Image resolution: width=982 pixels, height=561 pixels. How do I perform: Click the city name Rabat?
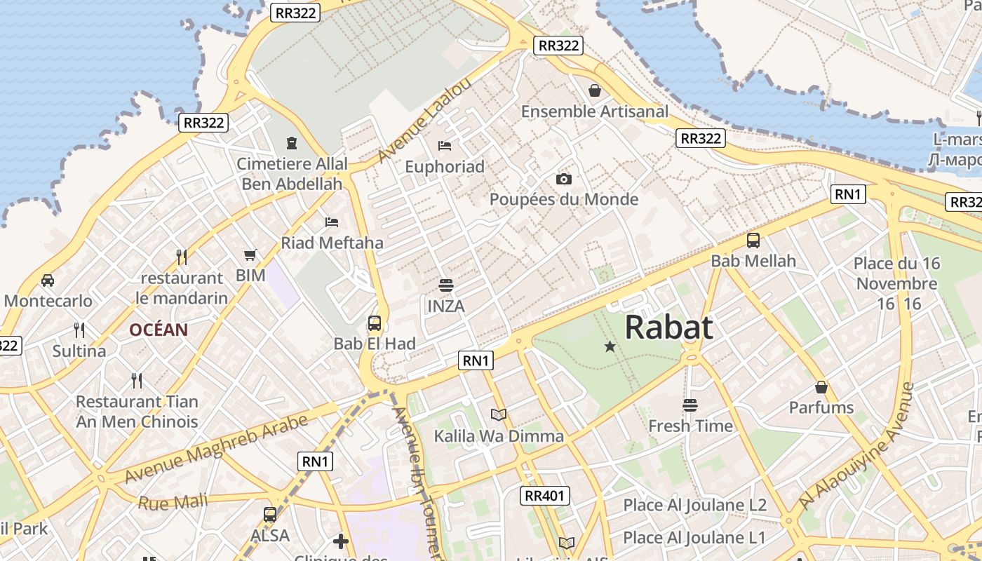click(668, 327)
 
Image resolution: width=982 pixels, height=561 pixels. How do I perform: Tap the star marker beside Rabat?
click(610, 346)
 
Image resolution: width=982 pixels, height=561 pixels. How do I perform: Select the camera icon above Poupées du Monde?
click(564, 180)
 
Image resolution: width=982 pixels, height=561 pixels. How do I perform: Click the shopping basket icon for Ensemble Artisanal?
click(595, 90)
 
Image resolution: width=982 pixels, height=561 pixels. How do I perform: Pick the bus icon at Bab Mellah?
click(753, 241)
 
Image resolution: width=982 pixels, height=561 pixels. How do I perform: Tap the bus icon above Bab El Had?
click(375, 323)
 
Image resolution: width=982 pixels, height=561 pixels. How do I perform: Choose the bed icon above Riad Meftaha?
click(332, 222)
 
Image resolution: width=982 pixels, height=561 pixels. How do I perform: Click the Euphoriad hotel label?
click(445, 166)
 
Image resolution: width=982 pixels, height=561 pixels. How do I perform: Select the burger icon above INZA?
click(445, 285)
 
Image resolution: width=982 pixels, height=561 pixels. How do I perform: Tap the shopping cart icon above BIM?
click(250, 255)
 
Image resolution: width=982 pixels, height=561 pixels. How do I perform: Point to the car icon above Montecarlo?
click(48, 280)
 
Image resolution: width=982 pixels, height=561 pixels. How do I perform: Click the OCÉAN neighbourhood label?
click(159, 330)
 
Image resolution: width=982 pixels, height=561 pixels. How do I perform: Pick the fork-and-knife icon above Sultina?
click(79, 330)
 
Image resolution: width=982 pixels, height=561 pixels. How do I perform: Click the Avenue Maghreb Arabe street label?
click(216, 449)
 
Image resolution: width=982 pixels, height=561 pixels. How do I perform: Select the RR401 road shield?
click(545, 496)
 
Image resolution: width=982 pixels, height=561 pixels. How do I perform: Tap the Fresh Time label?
click(690, 426)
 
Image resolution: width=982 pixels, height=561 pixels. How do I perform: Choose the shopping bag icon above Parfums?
click(821, 387)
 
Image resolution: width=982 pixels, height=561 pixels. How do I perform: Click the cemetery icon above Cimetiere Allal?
click(292, 143)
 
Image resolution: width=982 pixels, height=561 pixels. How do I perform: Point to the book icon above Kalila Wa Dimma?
click(499, 414)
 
